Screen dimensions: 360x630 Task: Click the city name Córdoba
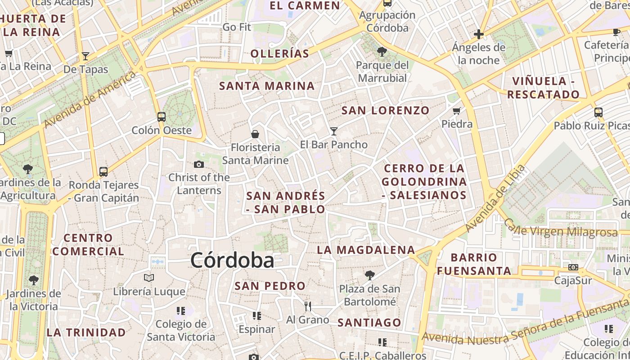pos(232,261)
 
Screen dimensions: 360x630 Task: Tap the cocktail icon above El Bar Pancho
pos(333,131)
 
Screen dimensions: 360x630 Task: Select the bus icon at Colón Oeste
pos(162,117)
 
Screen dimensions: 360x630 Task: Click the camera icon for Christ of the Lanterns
pos(198,165)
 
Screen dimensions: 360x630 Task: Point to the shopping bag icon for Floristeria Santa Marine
pos(255,134)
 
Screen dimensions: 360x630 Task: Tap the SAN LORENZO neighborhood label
pos(385,110)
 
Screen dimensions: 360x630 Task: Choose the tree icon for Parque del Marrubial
pos(382,52)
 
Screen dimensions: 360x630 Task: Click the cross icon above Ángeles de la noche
pos(479,34)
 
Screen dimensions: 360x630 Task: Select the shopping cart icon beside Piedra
pos(457,111)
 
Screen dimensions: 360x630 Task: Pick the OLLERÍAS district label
pos(280,54)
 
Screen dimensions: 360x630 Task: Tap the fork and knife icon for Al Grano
pos(308,306)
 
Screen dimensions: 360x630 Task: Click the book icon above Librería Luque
pos(149,278)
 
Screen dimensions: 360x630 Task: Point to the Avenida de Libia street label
pos(495,198)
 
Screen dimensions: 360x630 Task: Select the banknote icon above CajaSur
pos(573,267)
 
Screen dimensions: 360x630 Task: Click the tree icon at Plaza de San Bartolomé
pos(369,275)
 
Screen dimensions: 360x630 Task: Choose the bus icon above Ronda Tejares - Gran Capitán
pos(103,171)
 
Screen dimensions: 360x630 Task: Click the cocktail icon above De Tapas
pos(85,56)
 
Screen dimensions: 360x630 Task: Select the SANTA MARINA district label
pos(267,86)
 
